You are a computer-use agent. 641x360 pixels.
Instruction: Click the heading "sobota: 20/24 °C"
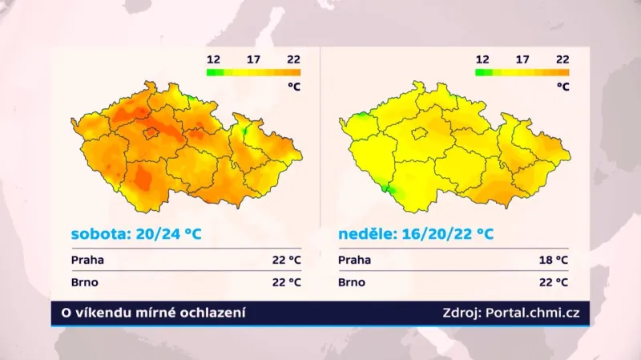click(135, 234)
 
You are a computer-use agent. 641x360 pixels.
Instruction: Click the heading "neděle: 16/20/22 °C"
click(414, 234)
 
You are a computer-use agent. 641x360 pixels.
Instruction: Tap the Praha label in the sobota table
click(87, 260)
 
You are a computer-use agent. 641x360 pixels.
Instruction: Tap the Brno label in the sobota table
click(85, 282)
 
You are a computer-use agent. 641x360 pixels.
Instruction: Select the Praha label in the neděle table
click(354, 260)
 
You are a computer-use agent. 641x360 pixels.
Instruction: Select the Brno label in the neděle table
click(352, 282)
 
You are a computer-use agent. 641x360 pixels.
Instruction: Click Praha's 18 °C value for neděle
click(553, 260)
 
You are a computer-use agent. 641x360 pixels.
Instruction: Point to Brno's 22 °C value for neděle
click(553, 282)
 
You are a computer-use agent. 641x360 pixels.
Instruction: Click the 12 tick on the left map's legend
click(214, 59)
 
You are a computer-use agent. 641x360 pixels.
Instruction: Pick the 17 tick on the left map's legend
click(254, 59)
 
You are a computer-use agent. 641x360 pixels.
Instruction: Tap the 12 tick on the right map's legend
click(482, 59)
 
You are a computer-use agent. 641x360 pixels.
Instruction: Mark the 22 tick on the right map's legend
click(562, 59)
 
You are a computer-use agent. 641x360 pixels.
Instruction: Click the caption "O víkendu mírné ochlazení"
click(149, 313)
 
